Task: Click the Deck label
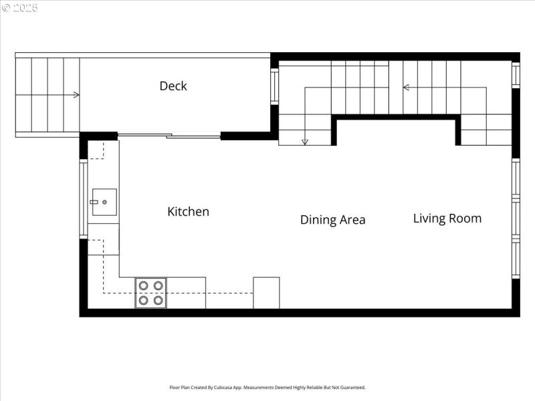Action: pos(173,86)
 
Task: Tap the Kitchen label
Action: pos(188,212)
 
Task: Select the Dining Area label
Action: pos(332,220)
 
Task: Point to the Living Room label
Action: pos(447,219)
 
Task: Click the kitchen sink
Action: pos(104,201)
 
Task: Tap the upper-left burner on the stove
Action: pos(144,286)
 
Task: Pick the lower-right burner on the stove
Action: pos(158,300)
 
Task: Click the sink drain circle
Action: pos(104,202)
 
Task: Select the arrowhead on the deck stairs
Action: pos(77,95)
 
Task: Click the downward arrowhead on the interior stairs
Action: pos(305,141)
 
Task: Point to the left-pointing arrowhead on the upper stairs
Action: pos(405,87)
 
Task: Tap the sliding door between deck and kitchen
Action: pos(169,136)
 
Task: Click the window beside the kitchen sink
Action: pos(83,199)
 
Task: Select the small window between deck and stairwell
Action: pos(274,86)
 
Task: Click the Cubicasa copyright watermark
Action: pos(20,8)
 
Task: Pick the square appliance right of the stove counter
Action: pos(266,293)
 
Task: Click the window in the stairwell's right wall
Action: pos(516,75)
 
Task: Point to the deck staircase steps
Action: pos(47,95)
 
